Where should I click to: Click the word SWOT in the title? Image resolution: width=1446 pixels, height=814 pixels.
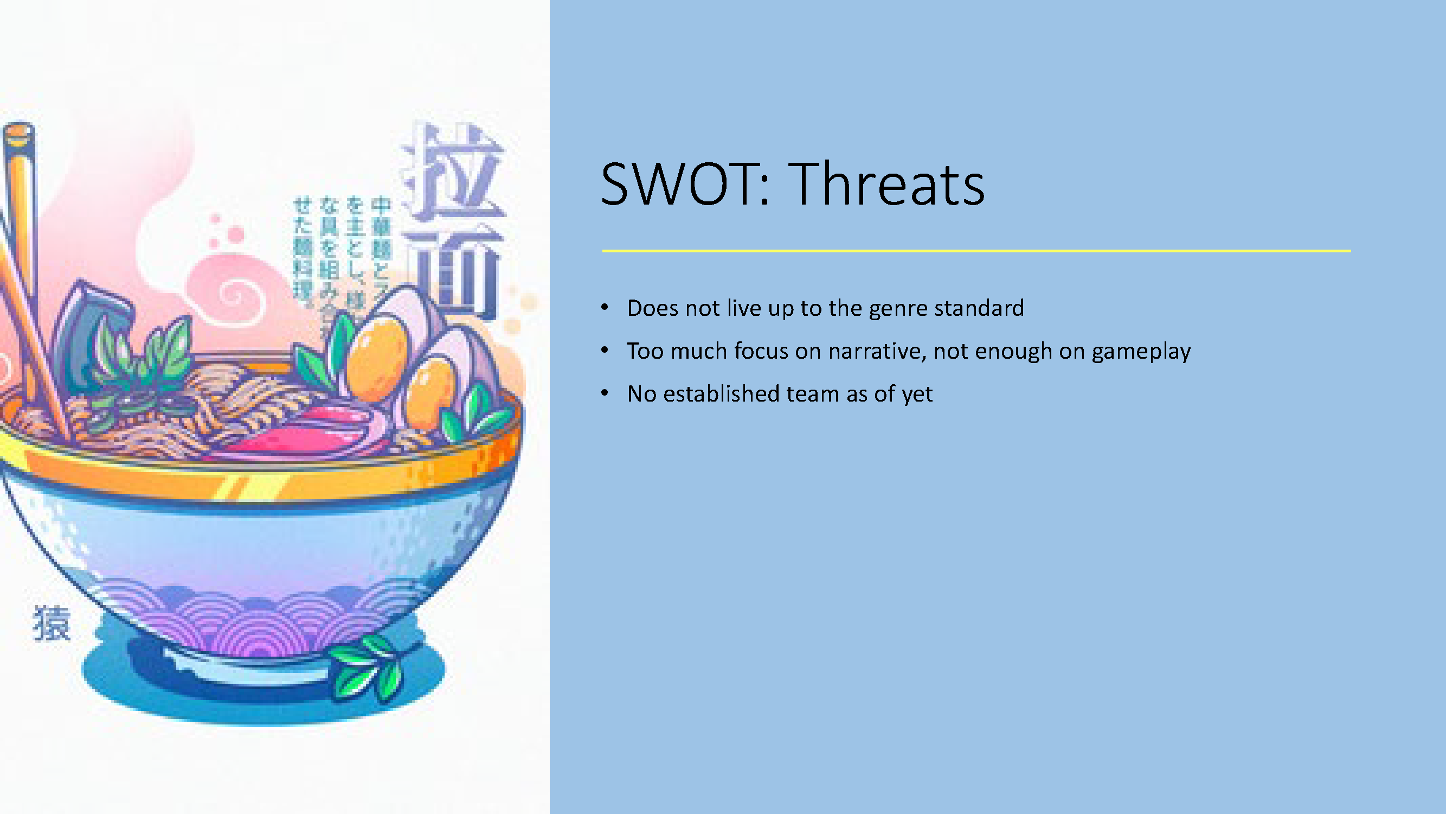pyautogui.click(x=677, y=184)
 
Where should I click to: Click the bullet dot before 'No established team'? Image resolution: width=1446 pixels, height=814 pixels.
pyautogui.click(x=605, y=393)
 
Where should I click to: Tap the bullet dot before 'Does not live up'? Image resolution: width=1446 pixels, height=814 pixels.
pyautogui.click(x=605, y=307)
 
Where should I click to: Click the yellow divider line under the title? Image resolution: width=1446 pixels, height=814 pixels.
pyautogui.click(x=976, y=251)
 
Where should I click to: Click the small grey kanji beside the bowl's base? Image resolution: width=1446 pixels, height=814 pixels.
pyautogui.click(x=52, y=623)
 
